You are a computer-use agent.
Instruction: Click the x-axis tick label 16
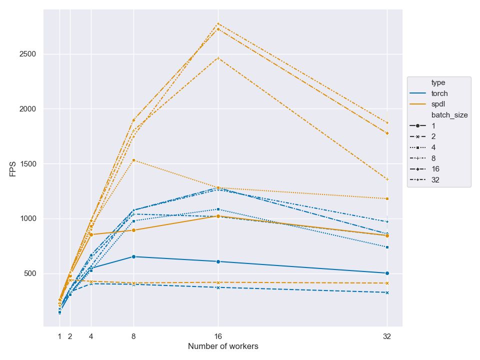point(218,336)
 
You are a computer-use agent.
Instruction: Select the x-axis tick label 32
point(387,336)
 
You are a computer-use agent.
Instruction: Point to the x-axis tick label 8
point(133,336)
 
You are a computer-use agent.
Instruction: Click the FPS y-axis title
point(13,168)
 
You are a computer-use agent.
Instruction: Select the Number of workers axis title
point(223,346)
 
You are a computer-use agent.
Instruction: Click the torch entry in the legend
point(439,93)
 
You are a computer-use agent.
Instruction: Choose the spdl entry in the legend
point(438,104)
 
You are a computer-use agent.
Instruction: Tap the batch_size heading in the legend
point(449,115)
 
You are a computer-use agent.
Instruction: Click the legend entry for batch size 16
point(435,169)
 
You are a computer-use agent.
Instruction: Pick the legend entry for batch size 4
point(433,147)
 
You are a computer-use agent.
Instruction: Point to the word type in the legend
point(438,82)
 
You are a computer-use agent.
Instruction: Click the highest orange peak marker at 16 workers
point(218,23)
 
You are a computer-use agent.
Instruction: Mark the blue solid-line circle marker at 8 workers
point(133,256)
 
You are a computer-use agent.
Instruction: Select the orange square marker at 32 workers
point(387,198)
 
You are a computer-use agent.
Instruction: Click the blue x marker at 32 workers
point(387,292)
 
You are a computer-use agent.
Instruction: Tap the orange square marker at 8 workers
point(133,160)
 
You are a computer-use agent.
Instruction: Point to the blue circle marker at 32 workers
point(387,273)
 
